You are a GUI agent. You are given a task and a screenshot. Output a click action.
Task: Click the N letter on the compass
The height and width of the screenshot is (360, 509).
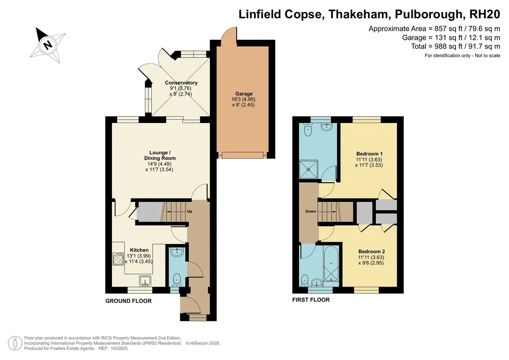click(48, 45)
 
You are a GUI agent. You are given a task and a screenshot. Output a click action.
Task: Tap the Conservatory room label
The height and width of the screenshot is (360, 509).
click(181, 83)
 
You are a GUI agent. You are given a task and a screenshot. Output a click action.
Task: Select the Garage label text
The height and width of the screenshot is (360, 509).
click(244, 94)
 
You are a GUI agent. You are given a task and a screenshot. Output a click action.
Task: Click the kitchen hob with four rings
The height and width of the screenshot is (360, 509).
click(118, 259)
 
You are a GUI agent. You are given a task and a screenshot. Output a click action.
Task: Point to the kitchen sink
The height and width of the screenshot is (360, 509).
click(145, 281)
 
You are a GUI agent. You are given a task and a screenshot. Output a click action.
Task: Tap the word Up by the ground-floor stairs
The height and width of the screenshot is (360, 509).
click(190, 212)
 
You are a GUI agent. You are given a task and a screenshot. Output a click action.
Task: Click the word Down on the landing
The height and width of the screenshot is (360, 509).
click(310, 211)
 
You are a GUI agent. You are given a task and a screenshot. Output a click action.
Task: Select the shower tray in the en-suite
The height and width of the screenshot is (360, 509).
click(309, 170)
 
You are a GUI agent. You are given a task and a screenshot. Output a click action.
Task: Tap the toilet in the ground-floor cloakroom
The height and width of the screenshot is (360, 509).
click(177, 280)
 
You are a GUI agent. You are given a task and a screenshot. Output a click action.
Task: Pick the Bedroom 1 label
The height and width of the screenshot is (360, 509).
click(369, 154)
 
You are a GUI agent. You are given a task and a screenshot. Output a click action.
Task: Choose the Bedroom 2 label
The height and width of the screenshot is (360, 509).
click(372, 251)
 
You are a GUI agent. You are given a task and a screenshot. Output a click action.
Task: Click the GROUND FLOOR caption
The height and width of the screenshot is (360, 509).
click(129, 301)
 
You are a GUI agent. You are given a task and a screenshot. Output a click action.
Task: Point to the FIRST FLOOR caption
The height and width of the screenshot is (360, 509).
click(311, 300)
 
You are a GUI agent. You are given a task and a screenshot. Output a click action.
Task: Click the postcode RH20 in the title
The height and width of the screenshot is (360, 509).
click(485, 14)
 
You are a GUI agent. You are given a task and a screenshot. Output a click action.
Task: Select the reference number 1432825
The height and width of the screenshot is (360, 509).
click(119, 349)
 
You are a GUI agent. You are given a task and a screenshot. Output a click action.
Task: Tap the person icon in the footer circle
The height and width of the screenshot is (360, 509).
click(15, 343)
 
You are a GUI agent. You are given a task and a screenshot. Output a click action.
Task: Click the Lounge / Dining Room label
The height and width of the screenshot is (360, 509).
click(160, 155)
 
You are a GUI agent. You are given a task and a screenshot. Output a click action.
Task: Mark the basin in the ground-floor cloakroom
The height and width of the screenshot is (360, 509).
click(177, 252)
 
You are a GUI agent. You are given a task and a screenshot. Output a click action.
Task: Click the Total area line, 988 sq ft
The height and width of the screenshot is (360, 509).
click(456, 46)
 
